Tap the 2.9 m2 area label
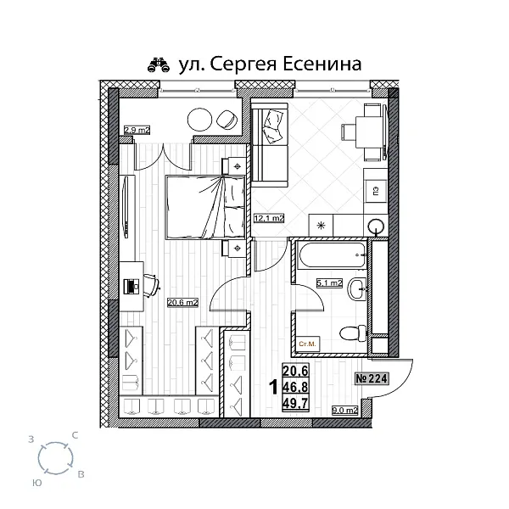[137, 130]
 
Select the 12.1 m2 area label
[268, 218]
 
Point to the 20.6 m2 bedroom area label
[183, 300]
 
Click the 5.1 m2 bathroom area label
[328, 283]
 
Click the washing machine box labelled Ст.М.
[307, 344]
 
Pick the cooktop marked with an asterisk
[322, 226]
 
